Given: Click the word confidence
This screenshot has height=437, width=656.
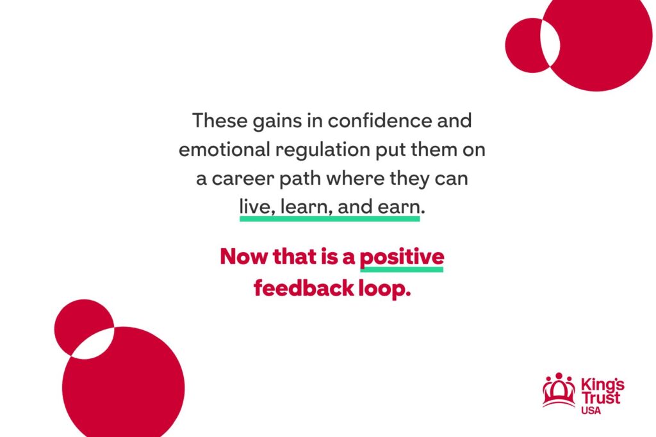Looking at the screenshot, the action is (x=379, y=120).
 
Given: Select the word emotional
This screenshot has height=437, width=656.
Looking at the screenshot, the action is (x=224, y=149).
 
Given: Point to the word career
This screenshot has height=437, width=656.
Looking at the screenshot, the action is (x=243, y=179).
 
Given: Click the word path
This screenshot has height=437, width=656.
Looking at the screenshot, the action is (x=300, y=179).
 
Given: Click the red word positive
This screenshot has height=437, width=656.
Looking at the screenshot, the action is (x=402, y=257).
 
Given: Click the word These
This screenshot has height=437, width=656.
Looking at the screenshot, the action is (x=220, y=120).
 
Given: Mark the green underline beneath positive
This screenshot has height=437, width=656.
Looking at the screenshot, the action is (x=402, y=269).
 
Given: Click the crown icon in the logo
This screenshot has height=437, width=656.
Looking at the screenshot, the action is (x=559, y=390).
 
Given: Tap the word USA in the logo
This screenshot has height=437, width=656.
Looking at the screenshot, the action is (x=591, y=411).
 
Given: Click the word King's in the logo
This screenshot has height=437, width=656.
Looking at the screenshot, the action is (x=602, y=385).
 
